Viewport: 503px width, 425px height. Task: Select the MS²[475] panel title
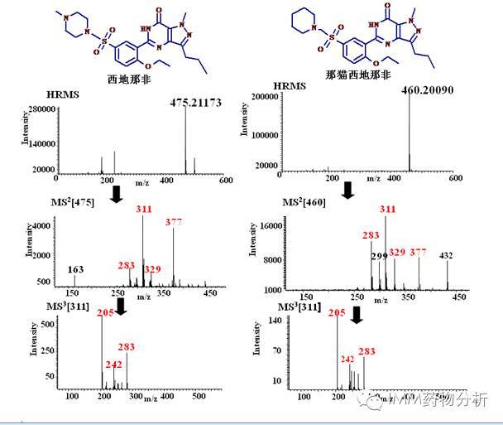pyautogui.click(x=74, y=201)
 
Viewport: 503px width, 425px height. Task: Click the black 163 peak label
pyautogui.click(x=74, y=270)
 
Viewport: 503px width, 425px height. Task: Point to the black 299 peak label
pyautogui.click(x=379, y=256)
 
